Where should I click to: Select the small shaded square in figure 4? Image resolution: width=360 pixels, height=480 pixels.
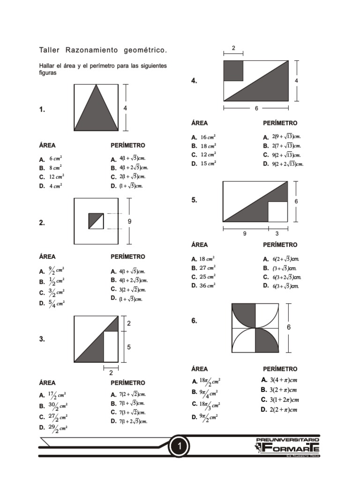pos(233,70)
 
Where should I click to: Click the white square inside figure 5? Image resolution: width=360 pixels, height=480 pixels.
pos(277,211)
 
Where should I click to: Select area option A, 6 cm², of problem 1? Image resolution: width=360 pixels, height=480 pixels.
pos(52,159)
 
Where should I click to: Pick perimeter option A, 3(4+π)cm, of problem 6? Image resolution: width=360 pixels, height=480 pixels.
pos(280,379)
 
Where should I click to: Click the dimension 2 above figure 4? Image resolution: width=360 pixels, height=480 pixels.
pos(233,47)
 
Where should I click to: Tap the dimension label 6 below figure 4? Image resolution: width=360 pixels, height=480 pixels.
pos(256,108)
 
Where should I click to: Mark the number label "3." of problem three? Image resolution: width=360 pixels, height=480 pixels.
pos(42,339)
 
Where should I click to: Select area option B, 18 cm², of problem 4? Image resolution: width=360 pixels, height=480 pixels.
pos(203,146)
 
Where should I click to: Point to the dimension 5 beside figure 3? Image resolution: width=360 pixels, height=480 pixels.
pos(129,347)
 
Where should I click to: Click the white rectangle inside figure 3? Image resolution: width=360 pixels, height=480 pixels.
pos(111,346)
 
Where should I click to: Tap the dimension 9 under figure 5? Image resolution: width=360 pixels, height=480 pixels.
pos(245,234)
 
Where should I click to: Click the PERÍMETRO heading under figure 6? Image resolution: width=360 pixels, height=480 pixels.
pos(280,369)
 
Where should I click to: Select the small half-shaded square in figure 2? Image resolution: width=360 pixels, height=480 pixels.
pos(96,221)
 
